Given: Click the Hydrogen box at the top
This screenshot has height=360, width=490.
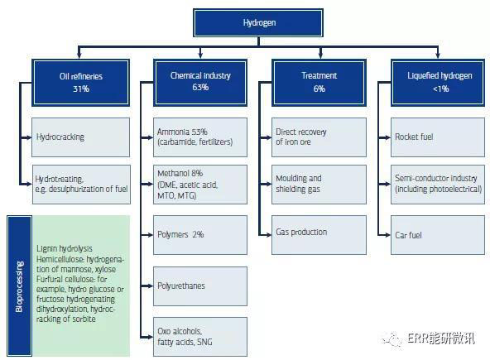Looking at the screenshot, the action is tap(258, 23).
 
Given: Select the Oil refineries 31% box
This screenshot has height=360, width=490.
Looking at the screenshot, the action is tap(80, 83).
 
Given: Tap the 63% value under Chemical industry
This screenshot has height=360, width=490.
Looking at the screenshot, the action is tap(200, 87).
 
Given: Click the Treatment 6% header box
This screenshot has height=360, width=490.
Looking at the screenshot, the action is tap(319, 83).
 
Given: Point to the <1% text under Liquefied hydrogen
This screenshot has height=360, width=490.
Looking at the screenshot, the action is tap(440, 89).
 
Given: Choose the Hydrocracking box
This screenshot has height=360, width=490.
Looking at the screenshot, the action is tap(80, 137).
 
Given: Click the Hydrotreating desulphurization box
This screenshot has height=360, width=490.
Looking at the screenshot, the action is tap(81, 185).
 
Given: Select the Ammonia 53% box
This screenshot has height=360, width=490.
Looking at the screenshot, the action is tap(200, 137).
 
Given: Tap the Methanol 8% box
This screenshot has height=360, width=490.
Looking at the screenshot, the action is tap(200, 185).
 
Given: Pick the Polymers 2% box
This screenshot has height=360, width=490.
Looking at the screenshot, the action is tap(200, 235).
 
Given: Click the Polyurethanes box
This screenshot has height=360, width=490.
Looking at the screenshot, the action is tap(200, 286).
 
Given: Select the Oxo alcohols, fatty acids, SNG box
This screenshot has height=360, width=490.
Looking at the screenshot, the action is tap(200, 337).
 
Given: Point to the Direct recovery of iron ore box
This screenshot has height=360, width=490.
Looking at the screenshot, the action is tap(319, 137).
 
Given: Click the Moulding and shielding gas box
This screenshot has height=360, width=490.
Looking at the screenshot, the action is tap(319, 185).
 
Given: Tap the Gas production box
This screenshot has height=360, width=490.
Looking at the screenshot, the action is tap(319, 235).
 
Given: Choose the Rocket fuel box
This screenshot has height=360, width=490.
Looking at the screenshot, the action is tap(438, 137).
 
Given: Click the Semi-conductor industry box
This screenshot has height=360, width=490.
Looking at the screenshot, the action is tap(438, 185).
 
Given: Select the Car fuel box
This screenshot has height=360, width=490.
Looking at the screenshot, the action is tap(438, 235).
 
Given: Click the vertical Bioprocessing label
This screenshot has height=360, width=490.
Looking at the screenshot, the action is tap(19, 286).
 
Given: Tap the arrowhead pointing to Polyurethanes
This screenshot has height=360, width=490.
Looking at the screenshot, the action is tap(150, 286).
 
